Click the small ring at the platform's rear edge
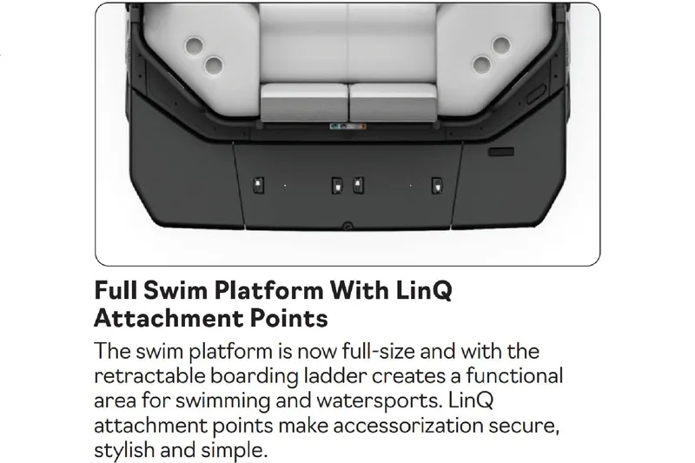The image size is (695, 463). (x=347, y=227)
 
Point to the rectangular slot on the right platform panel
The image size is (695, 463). (x=501, y=151)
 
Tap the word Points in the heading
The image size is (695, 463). (x=290, y=318)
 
